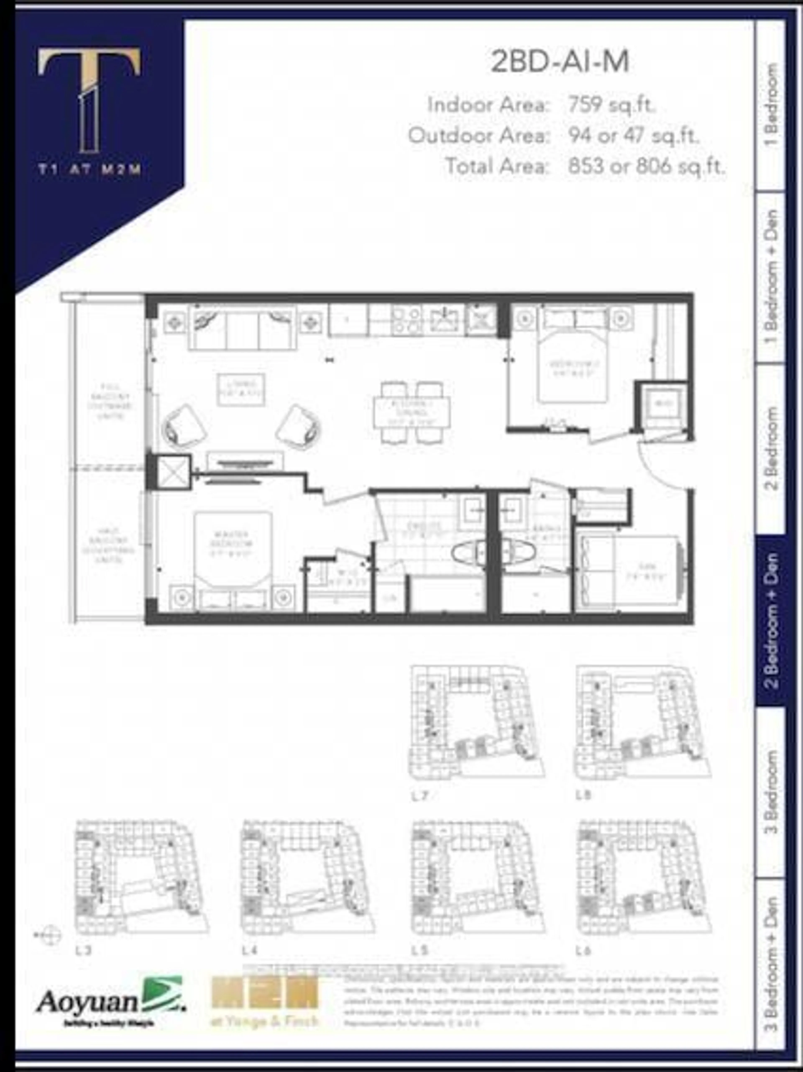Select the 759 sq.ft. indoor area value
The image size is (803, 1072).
click(612, 105)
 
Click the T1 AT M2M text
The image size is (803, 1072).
click(90, 170)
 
